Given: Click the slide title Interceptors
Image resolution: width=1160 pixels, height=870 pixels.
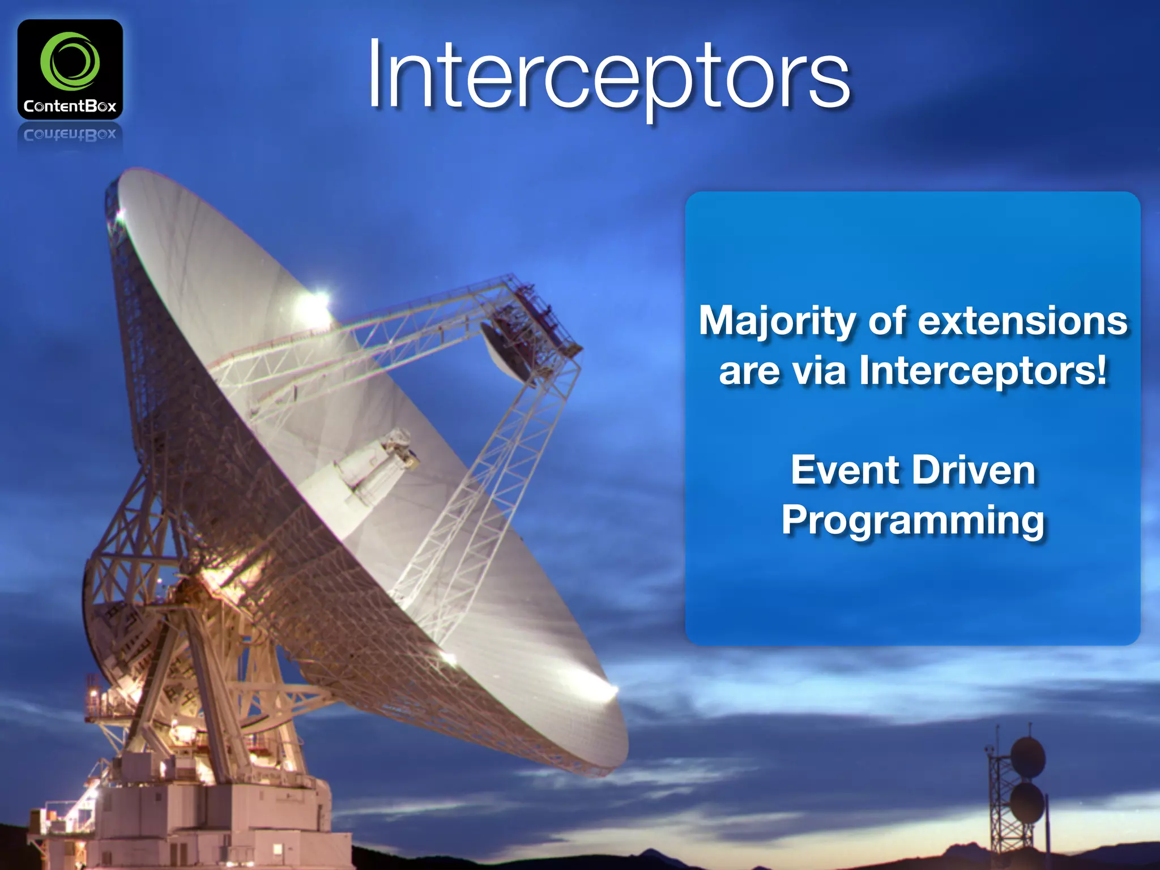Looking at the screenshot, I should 609,76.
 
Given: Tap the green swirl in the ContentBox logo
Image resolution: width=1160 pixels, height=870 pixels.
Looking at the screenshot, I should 70,61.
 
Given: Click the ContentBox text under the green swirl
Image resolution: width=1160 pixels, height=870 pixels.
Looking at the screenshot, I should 70,106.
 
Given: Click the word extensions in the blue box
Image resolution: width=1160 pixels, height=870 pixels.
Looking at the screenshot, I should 1022,321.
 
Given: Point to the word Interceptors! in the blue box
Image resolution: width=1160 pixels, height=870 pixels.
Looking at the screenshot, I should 983,370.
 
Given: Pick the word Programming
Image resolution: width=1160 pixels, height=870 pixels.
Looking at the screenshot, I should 913,520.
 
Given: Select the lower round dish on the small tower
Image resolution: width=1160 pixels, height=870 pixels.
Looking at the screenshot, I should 1026,803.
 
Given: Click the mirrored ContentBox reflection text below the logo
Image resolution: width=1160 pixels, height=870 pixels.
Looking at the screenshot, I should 70,135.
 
